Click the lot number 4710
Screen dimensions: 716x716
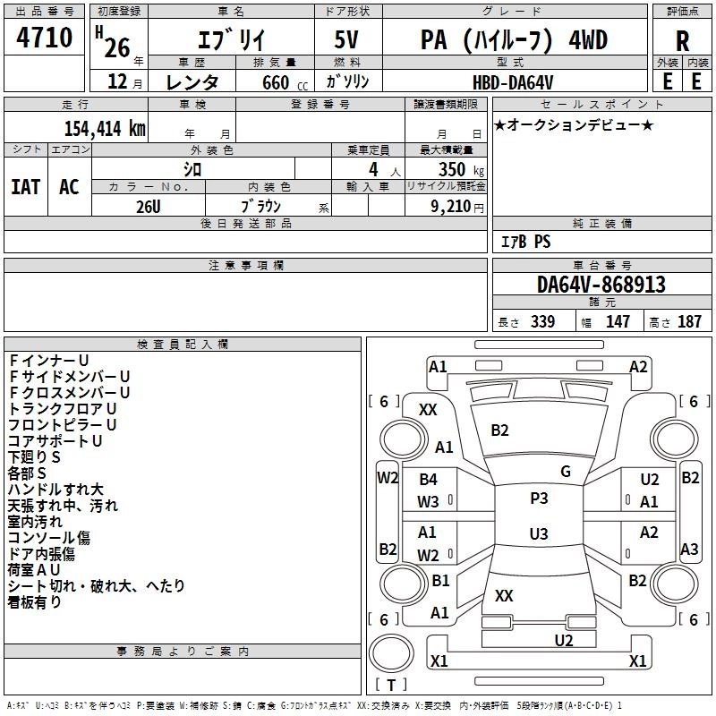click(46, 38)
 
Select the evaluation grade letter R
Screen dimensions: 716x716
click(682, 40)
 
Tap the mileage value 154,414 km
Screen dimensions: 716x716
click(105, 128)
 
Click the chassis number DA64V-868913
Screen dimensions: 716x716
click(601, 285)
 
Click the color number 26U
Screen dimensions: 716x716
click(148, 205)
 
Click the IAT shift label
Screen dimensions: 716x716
click(25, 186)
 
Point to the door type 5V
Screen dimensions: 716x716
click(348, 40)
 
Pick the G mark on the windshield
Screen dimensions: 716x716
click(566, 471)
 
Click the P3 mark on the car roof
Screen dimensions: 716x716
click(539, 499)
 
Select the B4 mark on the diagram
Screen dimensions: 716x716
click(428, 480)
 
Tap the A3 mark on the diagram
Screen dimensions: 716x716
click(690, 549)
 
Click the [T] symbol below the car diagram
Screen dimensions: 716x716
click(391, 685)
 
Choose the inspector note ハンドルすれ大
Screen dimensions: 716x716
click(55, 490)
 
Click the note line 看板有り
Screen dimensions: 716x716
click(35, 602)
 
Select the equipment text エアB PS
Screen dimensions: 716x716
click(525, 241)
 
